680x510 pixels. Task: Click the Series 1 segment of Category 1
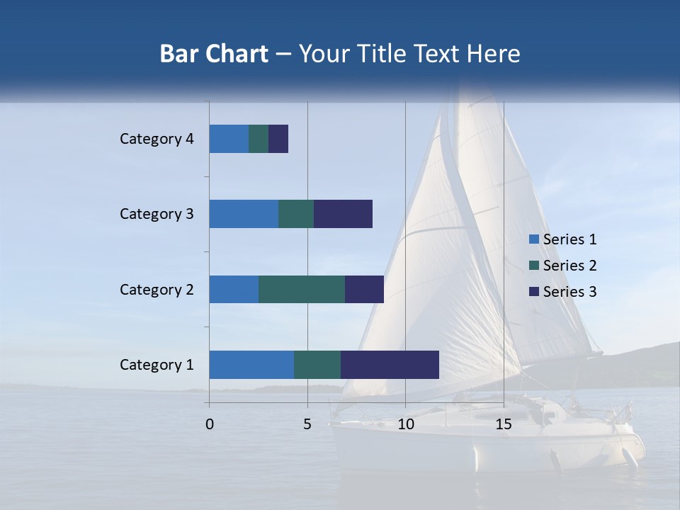point(251,365)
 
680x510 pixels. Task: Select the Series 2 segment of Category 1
point(317,365)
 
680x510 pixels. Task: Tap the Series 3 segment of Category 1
point(390,365)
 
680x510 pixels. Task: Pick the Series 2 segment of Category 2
point(302,289)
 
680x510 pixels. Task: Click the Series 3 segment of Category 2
point(364,289)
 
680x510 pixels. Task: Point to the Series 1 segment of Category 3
point(244,214)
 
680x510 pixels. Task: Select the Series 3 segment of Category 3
point(343,214)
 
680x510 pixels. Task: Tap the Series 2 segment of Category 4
point(259,139)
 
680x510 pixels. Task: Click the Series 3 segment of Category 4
point(278,139)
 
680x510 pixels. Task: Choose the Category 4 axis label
point(157,139)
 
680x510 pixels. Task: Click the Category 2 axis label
point(157,289)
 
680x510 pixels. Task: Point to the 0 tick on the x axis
point(210,424)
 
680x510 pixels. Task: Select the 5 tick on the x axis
point(307,424)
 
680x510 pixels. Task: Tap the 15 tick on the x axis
point(504,424)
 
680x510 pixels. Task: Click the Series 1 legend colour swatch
point(533,239)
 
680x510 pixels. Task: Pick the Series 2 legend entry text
point(569,266)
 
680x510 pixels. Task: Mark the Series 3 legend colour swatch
point(533,292)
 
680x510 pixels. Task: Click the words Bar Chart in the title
point(214,54)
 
